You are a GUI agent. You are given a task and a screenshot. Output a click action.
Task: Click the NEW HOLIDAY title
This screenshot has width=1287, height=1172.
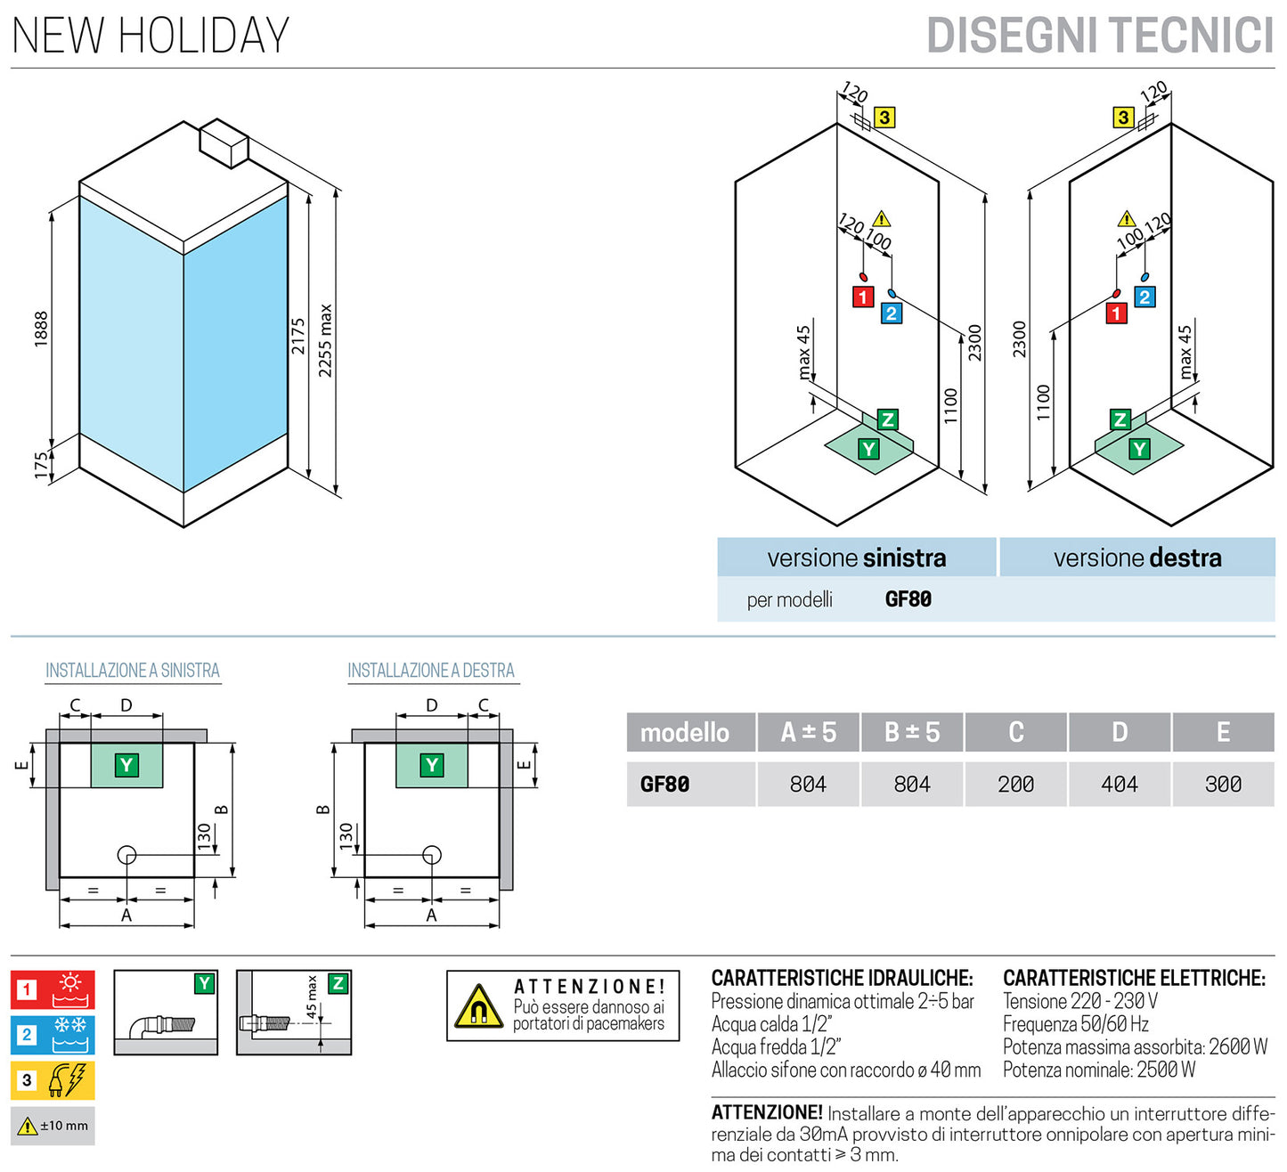[151, 36]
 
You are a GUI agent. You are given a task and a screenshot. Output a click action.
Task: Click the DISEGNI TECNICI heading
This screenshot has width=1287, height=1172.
[1100, 37]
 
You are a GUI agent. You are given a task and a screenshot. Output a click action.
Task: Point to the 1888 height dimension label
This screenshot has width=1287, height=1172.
[41, 329]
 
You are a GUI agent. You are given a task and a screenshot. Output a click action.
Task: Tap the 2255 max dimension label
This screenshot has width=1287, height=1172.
[326, 341]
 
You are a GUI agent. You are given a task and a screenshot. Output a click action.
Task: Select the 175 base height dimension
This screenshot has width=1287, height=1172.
[41, 465]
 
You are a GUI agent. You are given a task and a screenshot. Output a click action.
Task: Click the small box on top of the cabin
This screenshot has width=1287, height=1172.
[224, 142]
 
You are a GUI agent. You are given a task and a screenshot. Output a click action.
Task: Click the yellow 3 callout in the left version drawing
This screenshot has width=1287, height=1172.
[884, 118]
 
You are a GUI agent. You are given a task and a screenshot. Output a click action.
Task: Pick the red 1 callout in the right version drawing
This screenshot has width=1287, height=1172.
[1116, 313]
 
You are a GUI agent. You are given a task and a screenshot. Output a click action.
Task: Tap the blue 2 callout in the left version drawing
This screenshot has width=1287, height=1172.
[891, 313]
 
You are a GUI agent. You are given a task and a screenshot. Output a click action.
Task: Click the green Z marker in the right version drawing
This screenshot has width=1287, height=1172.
[1120, 419]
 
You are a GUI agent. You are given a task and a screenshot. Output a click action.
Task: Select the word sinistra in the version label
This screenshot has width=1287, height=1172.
[904, 558]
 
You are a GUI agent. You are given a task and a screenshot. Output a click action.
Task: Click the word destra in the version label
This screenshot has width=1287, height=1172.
[1185, 558]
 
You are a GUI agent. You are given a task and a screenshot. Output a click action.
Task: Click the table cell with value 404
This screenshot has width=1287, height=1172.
[1120, 785]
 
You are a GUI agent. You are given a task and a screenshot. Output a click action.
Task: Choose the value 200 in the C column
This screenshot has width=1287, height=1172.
[1015, 785]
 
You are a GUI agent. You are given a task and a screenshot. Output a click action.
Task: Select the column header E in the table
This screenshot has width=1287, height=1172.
[1223, 732]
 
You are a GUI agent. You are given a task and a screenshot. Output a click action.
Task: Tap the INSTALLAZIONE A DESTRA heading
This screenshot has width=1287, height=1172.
[431, 671]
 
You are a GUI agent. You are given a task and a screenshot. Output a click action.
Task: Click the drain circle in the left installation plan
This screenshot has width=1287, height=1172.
[126, 856]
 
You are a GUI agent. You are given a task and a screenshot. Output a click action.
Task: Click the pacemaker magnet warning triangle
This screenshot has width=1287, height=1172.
[478, 1007]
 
